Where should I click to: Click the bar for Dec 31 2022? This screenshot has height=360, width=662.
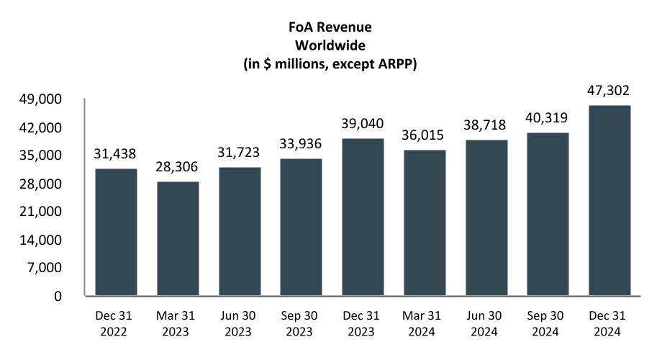[x=116, y=232]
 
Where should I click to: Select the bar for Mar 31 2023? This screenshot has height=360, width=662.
[x=178, y=238]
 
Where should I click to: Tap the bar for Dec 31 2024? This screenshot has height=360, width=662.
[x=609, y=200]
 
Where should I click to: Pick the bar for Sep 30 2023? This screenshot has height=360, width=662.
[x=301, y=227]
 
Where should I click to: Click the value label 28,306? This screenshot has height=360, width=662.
[x=178, y=167]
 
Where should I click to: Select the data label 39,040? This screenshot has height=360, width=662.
[x=363, y=124]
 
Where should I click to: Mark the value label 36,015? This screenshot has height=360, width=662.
[x=425, y=135]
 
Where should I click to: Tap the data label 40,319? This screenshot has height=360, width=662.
[x=548, y=118]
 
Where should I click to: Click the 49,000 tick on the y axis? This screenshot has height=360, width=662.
[x=50, y=99]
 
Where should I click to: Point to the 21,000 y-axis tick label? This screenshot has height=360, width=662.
[x=50, y=212]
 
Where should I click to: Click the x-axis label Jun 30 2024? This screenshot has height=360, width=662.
[x=486, y=325]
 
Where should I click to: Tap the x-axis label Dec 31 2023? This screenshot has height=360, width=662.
[x=363, y=325]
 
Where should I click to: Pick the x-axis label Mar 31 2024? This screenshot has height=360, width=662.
[x=425, y=325]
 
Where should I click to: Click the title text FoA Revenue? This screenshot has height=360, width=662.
[x=330, y=29]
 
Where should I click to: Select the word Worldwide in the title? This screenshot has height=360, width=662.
[x=330, y=46]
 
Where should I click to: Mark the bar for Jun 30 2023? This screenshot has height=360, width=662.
[x=239, y=231]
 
